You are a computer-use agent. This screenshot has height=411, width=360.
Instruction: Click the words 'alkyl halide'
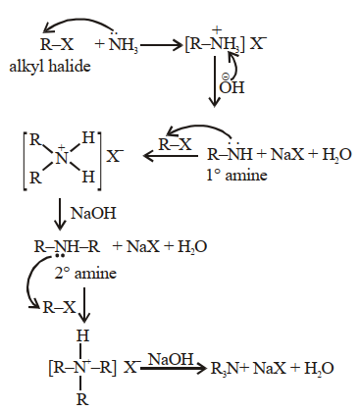coord(50,67)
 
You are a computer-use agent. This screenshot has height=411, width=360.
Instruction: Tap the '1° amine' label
coord(236,175)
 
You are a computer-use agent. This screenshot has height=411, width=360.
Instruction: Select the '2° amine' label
coord(85,273)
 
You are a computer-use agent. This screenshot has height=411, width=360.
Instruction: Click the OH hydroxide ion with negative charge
coord(231,85)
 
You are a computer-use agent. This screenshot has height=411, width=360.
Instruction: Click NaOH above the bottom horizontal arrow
coord(171,359)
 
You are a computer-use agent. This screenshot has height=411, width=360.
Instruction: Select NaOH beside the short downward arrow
coord(93,213)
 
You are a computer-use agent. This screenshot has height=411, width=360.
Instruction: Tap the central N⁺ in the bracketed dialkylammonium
coord(62,158)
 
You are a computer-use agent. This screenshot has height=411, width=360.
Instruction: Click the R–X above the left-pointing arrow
coord(175,144)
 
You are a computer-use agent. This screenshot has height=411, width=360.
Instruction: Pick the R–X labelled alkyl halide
coord(57,44)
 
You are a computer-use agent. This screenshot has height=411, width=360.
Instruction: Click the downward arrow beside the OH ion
coord(215,81)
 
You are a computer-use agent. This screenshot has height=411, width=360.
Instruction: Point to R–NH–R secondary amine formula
coord(67,246)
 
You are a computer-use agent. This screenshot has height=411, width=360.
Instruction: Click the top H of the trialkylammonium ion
coord(82,335)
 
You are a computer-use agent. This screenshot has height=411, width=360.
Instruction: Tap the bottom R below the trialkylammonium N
coord(82,399)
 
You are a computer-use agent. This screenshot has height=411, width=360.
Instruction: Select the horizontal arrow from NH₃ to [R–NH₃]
coord(161,45)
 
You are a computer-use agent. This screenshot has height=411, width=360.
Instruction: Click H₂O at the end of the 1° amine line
coord(337,155)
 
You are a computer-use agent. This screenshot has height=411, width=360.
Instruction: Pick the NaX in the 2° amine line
coord(143,246)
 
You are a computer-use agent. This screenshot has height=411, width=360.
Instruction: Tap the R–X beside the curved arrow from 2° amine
coord(59,307)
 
